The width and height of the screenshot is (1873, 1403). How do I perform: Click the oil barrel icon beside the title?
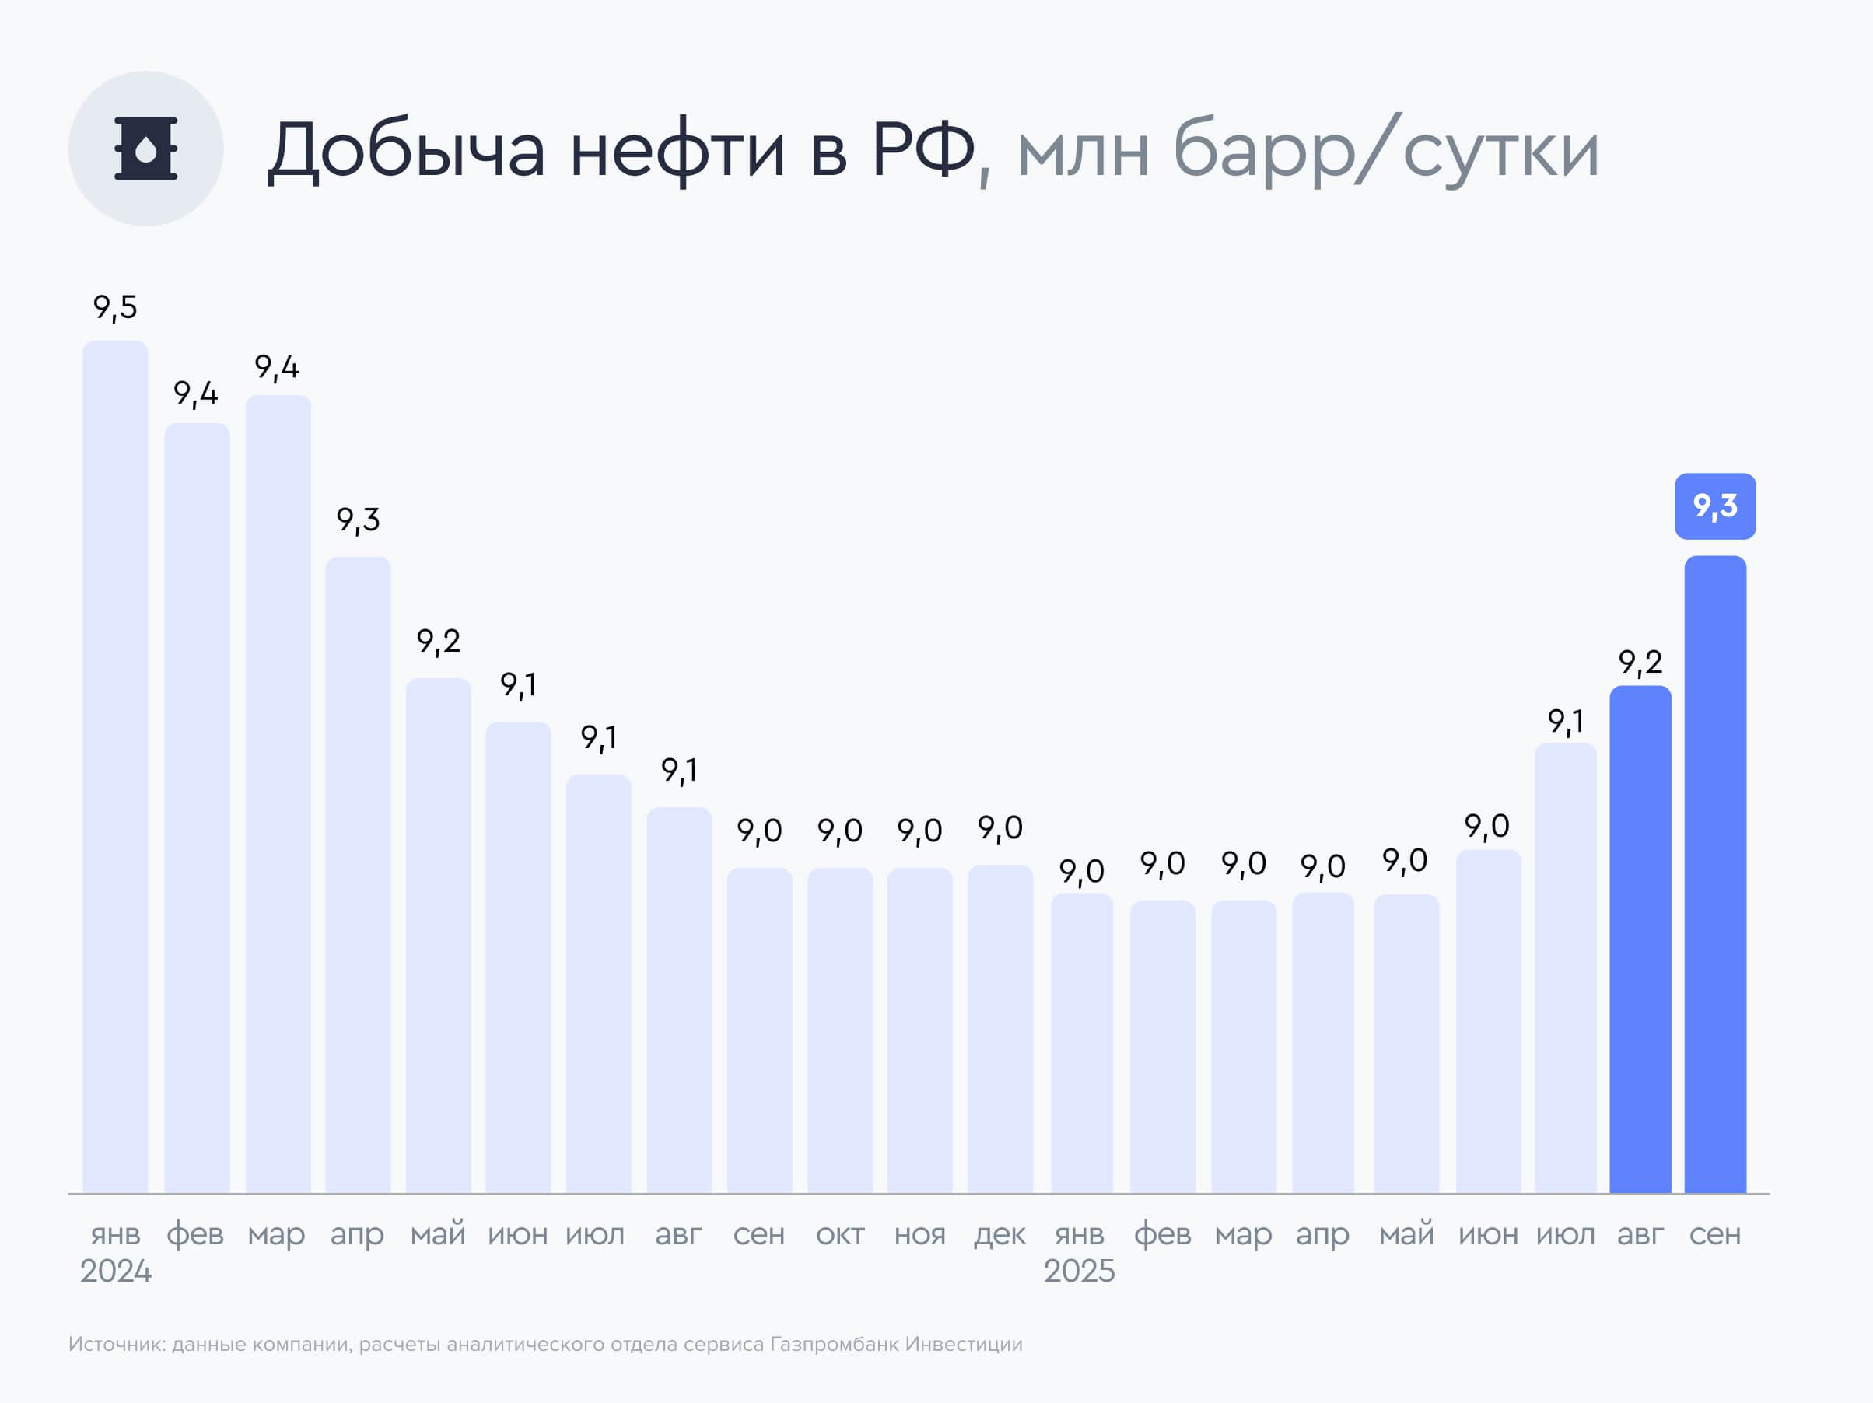145,149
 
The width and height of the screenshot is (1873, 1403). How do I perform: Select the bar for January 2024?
115,766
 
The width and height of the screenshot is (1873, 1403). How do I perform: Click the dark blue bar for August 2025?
1640,939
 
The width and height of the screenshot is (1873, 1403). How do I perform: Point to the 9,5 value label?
115,307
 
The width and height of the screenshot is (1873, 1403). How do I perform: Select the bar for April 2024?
358,874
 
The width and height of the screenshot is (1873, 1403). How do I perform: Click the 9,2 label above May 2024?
439,641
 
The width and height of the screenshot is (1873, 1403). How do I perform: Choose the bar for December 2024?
1000,1028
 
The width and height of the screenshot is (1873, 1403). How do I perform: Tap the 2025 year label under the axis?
1079,1271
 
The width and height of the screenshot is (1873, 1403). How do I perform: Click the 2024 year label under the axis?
115,1271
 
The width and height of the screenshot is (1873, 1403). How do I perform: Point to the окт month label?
840,1234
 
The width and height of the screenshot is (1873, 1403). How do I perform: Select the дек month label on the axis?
1000,1234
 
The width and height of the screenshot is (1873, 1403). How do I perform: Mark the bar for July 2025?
1566,967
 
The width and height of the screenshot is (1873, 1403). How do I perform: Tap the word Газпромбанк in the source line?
834,1345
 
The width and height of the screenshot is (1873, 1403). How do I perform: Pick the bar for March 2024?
278,793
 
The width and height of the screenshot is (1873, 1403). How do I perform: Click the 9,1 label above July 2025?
1566,722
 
